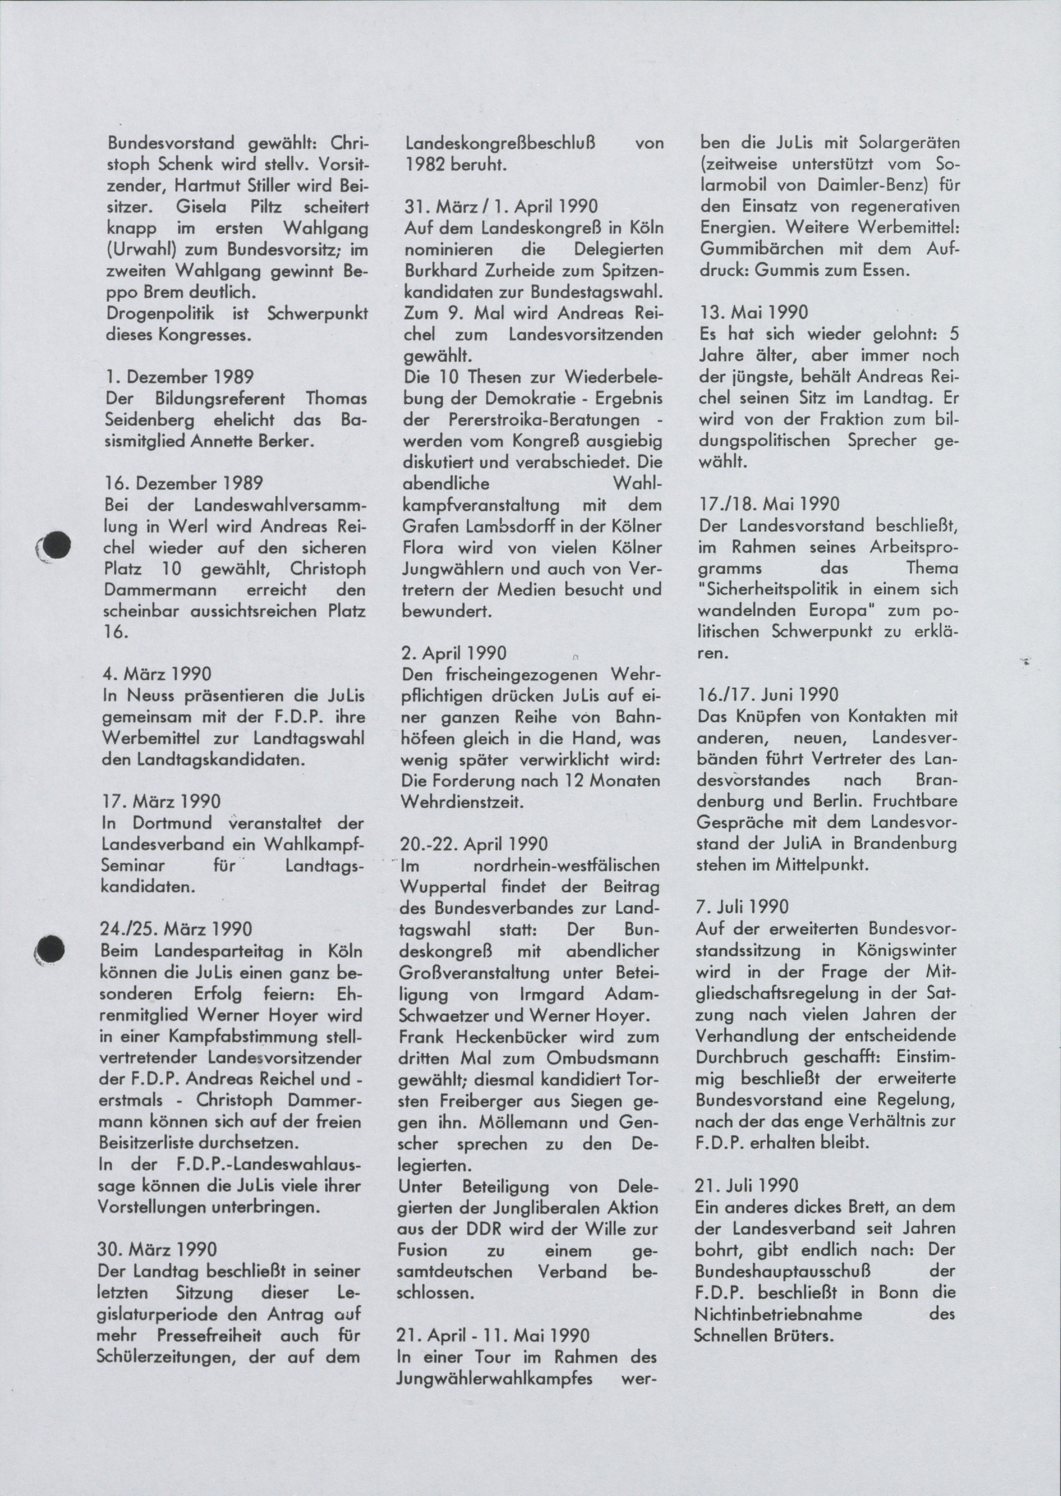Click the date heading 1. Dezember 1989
pos(180,377)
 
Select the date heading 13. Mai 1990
pos(753,312)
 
